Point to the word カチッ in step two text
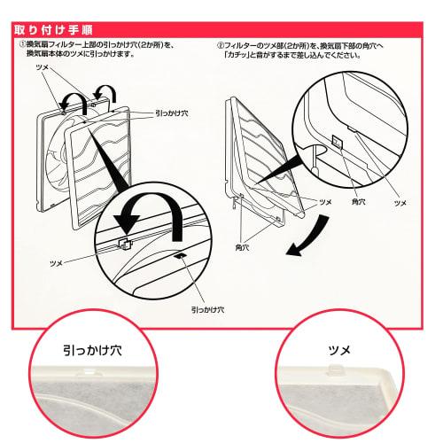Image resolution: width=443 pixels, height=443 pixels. point(237,55)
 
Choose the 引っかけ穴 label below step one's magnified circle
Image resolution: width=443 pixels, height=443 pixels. point(206,311)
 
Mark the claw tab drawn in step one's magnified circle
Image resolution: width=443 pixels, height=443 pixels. point(125,241)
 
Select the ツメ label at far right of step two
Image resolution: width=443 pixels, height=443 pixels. point(400,203)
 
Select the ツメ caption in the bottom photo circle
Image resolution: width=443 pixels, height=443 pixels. point(339,351)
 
